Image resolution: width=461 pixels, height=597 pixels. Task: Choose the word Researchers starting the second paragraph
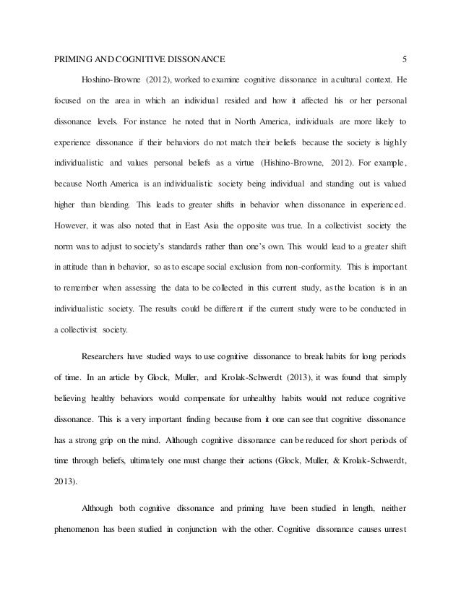click(110, 336)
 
